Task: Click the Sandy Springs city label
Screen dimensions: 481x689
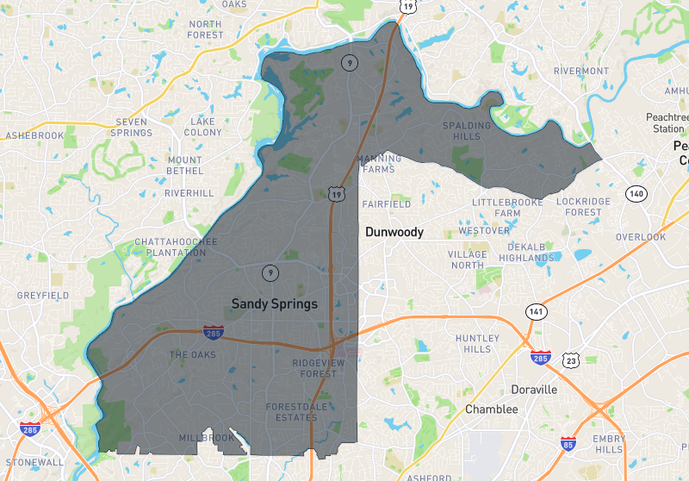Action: click(275, 304)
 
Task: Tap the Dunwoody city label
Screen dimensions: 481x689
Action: click(394, 233)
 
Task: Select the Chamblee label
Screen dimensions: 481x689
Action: click(492, 409)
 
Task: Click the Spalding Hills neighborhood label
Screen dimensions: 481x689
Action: click(467, 131)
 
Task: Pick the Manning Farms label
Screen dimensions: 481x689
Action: click(378, 164)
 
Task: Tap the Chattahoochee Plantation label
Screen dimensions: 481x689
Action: click(176, 248)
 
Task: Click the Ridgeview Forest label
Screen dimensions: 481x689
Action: click(314, 369)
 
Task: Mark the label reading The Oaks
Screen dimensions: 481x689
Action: click(192, 355)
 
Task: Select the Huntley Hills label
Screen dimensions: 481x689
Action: click(478, 343)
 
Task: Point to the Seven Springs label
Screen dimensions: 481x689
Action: click(132, 128)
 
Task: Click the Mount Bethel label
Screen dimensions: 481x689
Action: click(184, 166)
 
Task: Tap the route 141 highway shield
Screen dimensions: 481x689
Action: click(537, 311)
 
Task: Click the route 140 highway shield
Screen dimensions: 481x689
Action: click(636, 194)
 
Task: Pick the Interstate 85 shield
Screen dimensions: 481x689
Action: click(568, 445)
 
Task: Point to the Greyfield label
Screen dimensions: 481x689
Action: click(42, 296)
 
